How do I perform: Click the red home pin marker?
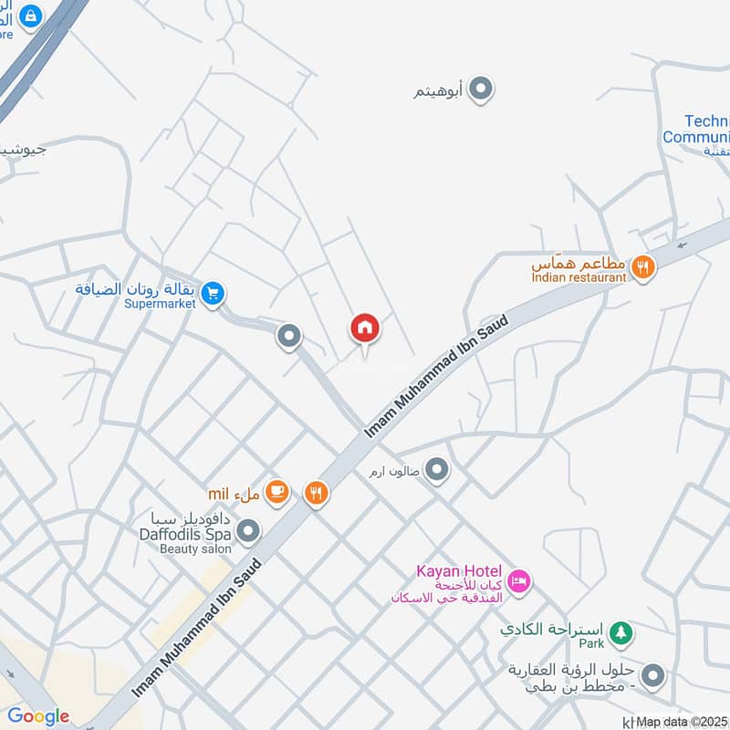pyautogui.click(x=365, y=328)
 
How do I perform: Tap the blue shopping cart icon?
pyautogui.click(x=213, y=294)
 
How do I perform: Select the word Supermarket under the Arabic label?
pyautogui.click(x=161, y=303)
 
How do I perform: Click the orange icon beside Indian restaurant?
pyautogui.click(x=643, y=267)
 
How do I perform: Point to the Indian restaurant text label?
pyautogui.click(x=579, y=276)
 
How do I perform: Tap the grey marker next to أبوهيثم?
pyautogui.click(x=482, y=89)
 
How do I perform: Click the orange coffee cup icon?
pyautogui.click(x=277, y=492)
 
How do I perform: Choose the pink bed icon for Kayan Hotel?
pyautogui.click(x=519, y=580)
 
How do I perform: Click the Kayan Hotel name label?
pyautogui.click(x=459, y=571)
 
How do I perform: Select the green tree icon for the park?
pyautogui.click(x=621, y=631)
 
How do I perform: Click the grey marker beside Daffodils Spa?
pyautogui.click(x=247, y=530)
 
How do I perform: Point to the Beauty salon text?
pyautogui.click(x=195, y=548)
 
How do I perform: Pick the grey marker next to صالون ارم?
pyautogui.click(x=438, y=471)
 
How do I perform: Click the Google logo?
pyautogui.click(x=38, y=716)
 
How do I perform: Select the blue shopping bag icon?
pyautogui.click(x=31, y=16)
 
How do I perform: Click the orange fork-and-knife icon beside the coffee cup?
pyautogui.click(x=317, y=493)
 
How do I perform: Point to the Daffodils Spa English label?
pyautogui.click(x=184, y=534)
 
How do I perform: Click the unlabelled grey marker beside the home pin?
pyautogui.click(x=289, y=338)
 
